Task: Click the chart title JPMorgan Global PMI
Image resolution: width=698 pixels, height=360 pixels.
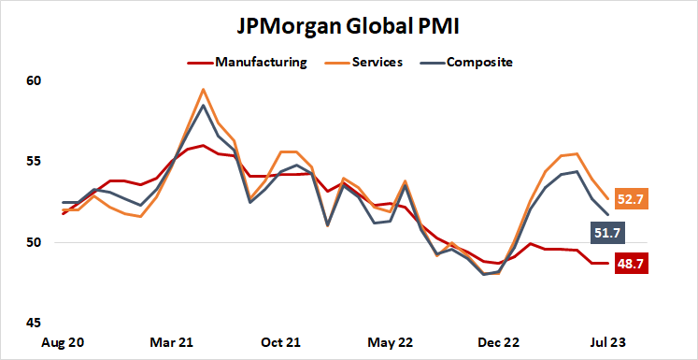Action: pyautogui.click(x=349, y=25)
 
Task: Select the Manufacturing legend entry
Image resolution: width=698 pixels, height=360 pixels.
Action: pyautogui.click(x=261, y=63)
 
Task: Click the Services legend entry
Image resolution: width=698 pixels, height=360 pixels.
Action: pyautogui.click(x=377, y=63)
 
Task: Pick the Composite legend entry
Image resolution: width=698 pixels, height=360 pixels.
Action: pyautogui.click(x=480, y=63)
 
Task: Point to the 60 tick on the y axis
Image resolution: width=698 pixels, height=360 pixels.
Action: pyautogui.click(x=35, y=81)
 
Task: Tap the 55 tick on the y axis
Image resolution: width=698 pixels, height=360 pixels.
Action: pyautogui.click(x=35, y=162)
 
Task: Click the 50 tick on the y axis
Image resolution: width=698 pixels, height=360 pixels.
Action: pyautogui.click(x=35, y=243)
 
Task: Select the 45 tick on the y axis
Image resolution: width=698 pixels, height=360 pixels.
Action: pyautogui.click(x=35, y=324)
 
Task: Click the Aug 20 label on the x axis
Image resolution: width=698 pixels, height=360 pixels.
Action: pyautogui.click(x=63, y=343)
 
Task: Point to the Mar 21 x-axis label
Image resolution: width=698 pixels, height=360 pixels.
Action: pyautogui.click(x=172, y=343)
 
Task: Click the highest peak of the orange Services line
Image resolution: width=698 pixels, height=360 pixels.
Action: pyautogui.click(x=203, y=90)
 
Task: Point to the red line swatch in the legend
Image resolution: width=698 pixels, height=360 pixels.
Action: pyautogui.click(x=199, y=63)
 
